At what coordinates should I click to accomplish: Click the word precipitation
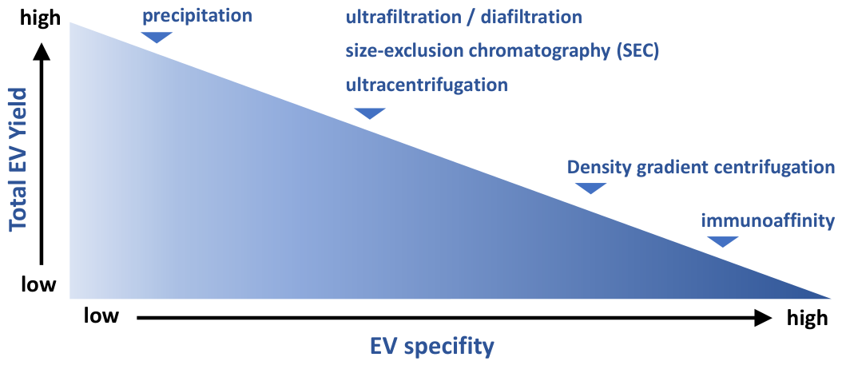(x=197, y=15)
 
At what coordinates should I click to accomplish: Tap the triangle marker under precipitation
(x=157, y=37)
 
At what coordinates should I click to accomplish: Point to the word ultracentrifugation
(x=427, y=85)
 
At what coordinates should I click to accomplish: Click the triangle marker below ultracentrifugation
(x=370, y=113)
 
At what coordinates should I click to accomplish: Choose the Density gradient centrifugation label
(x=701, y=167)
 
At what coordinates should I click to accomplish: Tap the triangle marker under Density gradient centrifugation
(x=590, y=188)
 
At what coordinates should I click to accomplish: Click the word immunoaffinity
(x=769, y=220)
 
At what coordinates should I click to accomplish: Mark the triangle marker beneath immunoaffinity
(x=723, y=241)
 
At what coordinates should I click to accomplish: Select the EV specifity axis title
(x=431, y=347)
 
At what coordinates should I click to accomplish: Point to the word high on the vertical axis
(x=41, y=19)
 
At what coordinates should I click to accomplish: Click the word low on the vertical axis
(x=38, y=284)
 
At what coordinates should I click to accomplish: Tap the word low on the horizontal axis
(x=101, y=316)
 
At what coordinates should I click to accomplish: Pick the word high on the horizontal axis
(x=808, y=319)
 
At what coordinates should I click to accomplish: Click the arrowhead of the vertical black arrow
(x=42, y=52)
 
